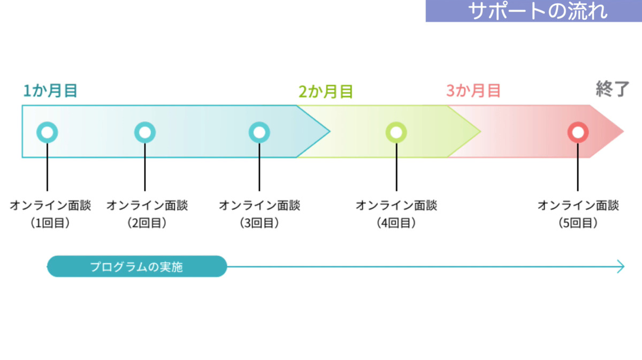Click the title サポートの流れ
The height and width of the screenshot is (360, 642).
[537, 11]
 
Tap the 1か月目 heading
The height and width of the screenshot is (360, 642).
[50, 91]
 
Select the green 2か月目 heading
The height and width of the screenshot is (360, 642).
[325, 92]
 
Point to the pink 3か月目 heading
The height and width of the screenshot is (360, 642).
[473, 91]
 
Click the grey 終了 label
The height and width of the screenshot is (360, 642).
[613, 89]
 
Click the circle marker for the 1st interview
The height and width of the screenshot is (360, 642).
[47, 132]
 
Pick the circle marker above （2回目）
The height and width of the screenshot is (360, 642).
[145, 132]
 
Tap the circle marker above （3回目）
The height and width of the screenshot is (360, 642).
[259, 132]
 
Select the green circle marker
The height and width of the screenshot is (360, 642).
[396, 132]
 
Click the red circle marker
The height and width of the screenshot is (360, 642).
[578, 132]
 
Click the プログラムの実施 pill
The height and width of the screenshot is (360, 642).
[136, 266]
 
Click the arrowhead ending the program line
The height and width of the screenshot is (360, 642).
[621, 266]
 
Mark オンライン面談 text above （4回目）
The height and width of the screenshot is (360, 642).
[396, 205]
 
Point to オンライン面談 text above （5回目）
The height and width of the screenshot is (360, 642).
[578, 205]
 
